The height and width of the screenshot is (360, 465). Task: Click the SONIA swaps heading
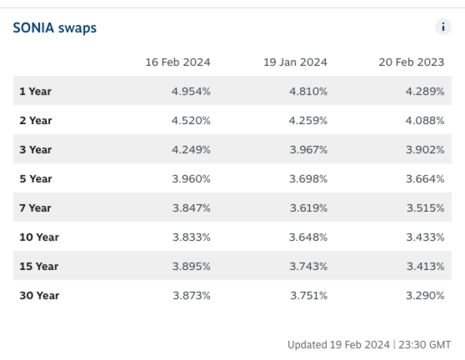(55, 28)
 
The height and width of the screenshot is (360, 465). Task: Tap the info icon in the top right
(443, 27)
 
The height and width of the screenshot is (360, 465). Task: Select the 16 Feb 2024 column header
(178, 62)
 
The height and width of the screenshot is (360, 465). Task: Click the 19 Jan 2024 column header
(295, 62)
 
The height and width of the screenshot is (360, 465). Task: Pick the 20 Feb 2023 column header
(412, 62)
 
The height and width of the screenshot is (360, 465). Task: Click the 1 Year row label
(35, 91)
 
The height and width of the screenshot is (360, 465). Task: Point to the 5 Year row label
(35, 179)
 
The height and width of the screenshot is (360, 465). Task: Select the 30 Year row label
(39, 295)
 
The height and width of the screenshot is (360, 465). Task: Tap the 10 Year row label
(39, 237)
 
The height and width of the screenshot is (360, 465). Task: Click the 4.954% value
(191, 91)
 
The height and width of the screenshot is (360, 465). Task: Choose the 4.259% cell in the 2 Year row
(308, 121)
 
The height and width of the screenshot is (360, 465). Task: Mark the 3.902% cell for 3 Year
(425, 149)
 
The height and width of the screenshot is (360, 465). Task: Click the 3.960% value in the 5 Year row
(191, 179)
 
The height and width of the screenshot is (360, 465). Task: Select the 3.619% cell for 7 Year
(308, 208)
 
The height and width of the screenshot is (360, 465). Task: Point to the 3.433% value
(425, 237)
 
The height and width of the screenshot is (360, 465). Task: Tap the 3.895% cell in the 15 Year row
(191, 266)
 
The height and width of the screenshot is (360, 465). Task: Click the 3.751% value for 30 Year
(308, 295)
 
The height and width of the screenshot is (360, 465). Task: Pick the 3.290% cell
(425, 295)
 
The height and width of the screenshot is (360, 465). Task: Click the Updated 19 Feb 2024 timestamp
(369, 345)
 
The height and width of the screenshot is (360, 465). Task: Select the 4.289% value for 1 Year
(425, 91)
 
